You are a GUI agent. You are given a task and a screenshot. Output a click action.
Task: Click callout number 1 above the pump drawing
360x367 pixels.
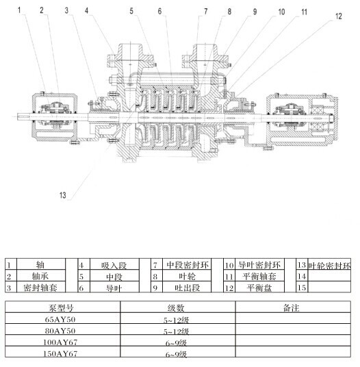(x=19, y=10)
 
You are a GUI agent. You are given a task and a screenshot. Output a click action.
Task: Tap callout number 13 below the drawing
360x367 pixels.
(x=63, y=195)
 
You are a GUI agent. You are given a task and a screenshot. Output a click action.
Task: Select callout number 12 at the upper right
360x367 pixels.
(x=339, y=16)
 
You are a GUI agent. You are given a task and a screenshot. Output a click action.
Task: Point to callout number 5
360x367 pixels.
(x=131, y=11)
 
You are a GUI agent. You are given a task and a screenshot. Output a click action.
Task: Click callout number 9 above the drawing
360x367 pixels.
(x=255, y=12)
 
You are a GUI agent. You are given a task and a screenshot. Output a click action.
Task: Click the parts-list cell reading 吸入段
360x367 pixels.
(x=114, y=265)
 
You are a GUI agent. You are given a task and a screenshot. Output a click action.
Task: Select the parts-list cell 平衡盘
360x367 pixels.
(x=259, y=288)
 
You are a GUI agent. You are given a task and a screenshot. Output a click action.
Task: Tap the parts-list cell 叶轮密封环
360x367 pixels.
(x=329, y=265)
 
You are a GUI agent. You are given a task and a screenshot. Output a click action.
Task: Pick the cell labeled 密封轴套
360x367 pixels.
(x=40, y=288)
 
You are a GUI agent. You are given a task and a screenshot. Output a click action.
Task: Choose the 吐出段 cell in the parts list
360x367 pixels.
(x=187, y=288)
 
